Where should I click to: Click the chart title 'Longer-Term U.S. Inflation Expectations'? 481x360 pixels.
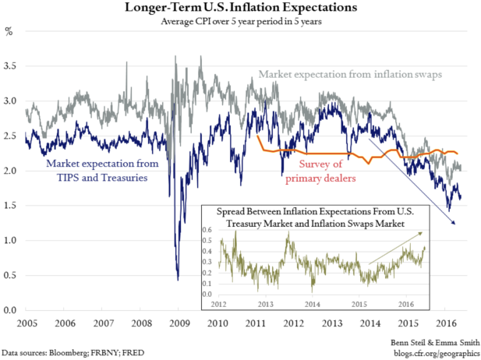click(240, 9)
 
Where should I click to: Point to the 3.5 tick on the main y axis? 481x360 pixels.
click(12, 67)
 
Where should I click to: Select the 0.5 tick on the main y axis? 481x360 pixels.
click(12, 276)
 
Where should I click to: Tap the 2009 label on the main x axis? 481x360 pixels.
click(179, 323)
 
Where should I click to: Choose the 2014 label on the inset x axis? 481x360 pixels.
click(312, 304)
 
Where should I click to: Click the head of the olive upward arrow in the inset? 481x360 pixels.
click(426, 231)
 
